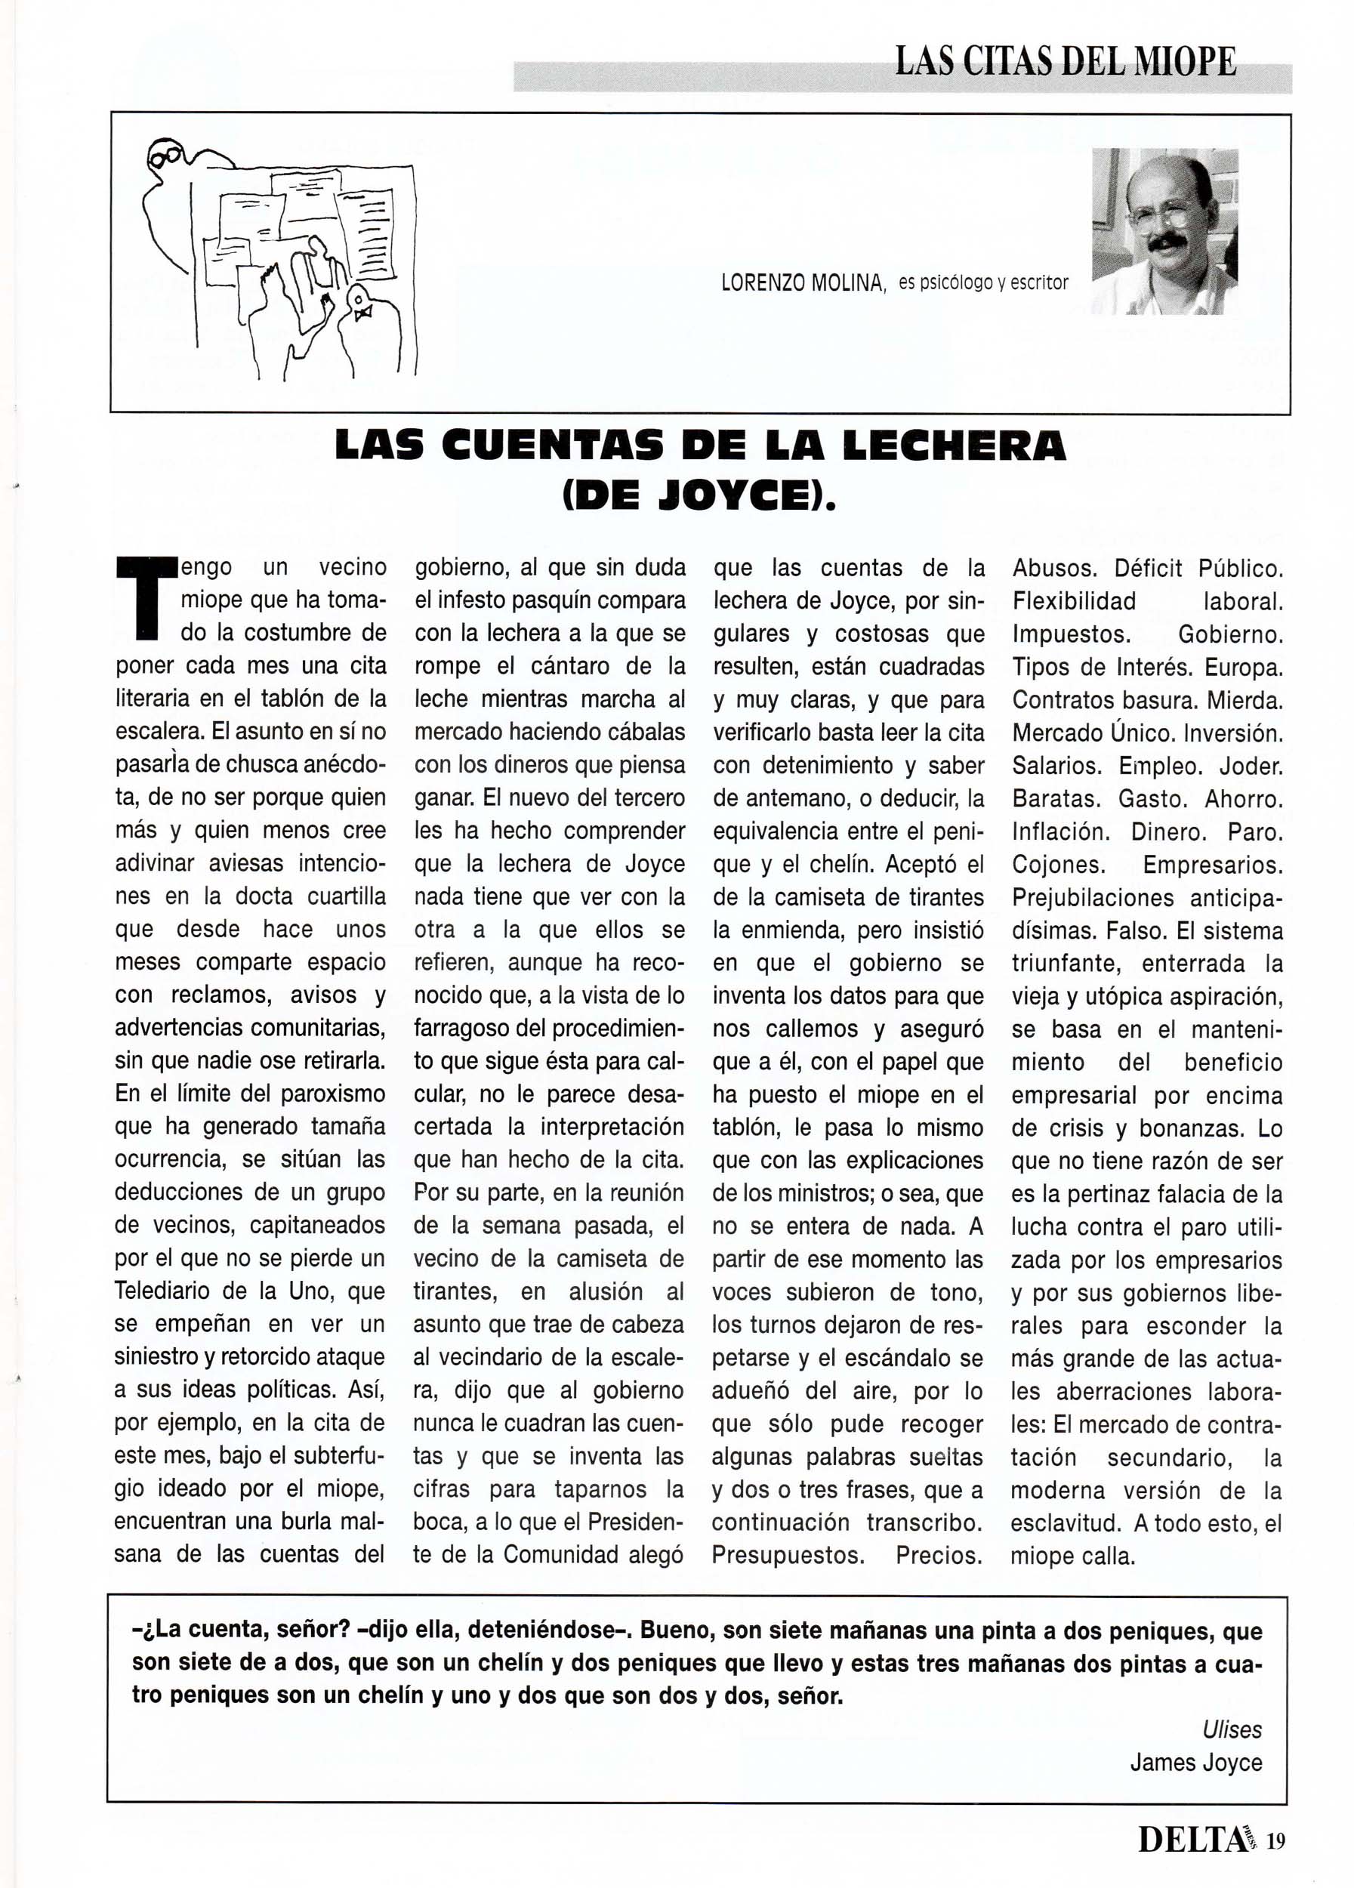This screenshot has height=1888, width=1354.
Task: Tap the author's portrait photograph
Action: (x=1164, y=230)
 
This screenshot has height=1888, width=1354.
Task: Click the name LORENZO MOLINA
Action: (x=802, y=284)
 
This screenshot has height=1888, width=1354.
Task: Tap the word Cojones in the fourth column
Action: (x=1058, y=864)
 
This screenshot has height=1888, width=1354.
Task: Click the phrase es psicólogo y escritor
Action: (x=982, y=283)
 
